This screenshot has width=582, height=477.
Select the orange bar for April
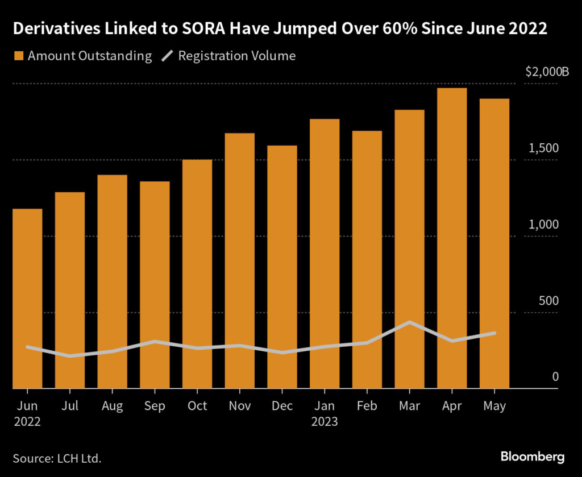tap(452, 238)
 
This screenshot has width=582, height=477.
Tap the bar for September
tap(155, 285)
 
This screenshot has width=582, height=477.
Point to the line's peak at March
tap(409, 322)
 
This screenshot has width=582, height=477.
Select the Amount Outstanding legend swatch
tap(19, 56)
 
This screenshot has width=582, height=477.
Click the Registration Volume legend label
tap(237, 56)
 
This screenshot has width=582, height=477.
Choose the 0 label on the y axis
tap(556, 377)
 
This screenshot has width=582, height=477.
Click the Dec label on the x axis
tap(282, 407)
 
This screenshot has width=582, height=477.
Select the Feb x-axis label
tap(367, 407)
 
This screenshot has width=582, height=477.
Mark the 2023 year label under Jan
tap(325, 422)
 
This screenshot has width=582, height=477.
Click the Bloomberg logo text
tap(533, 457)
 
